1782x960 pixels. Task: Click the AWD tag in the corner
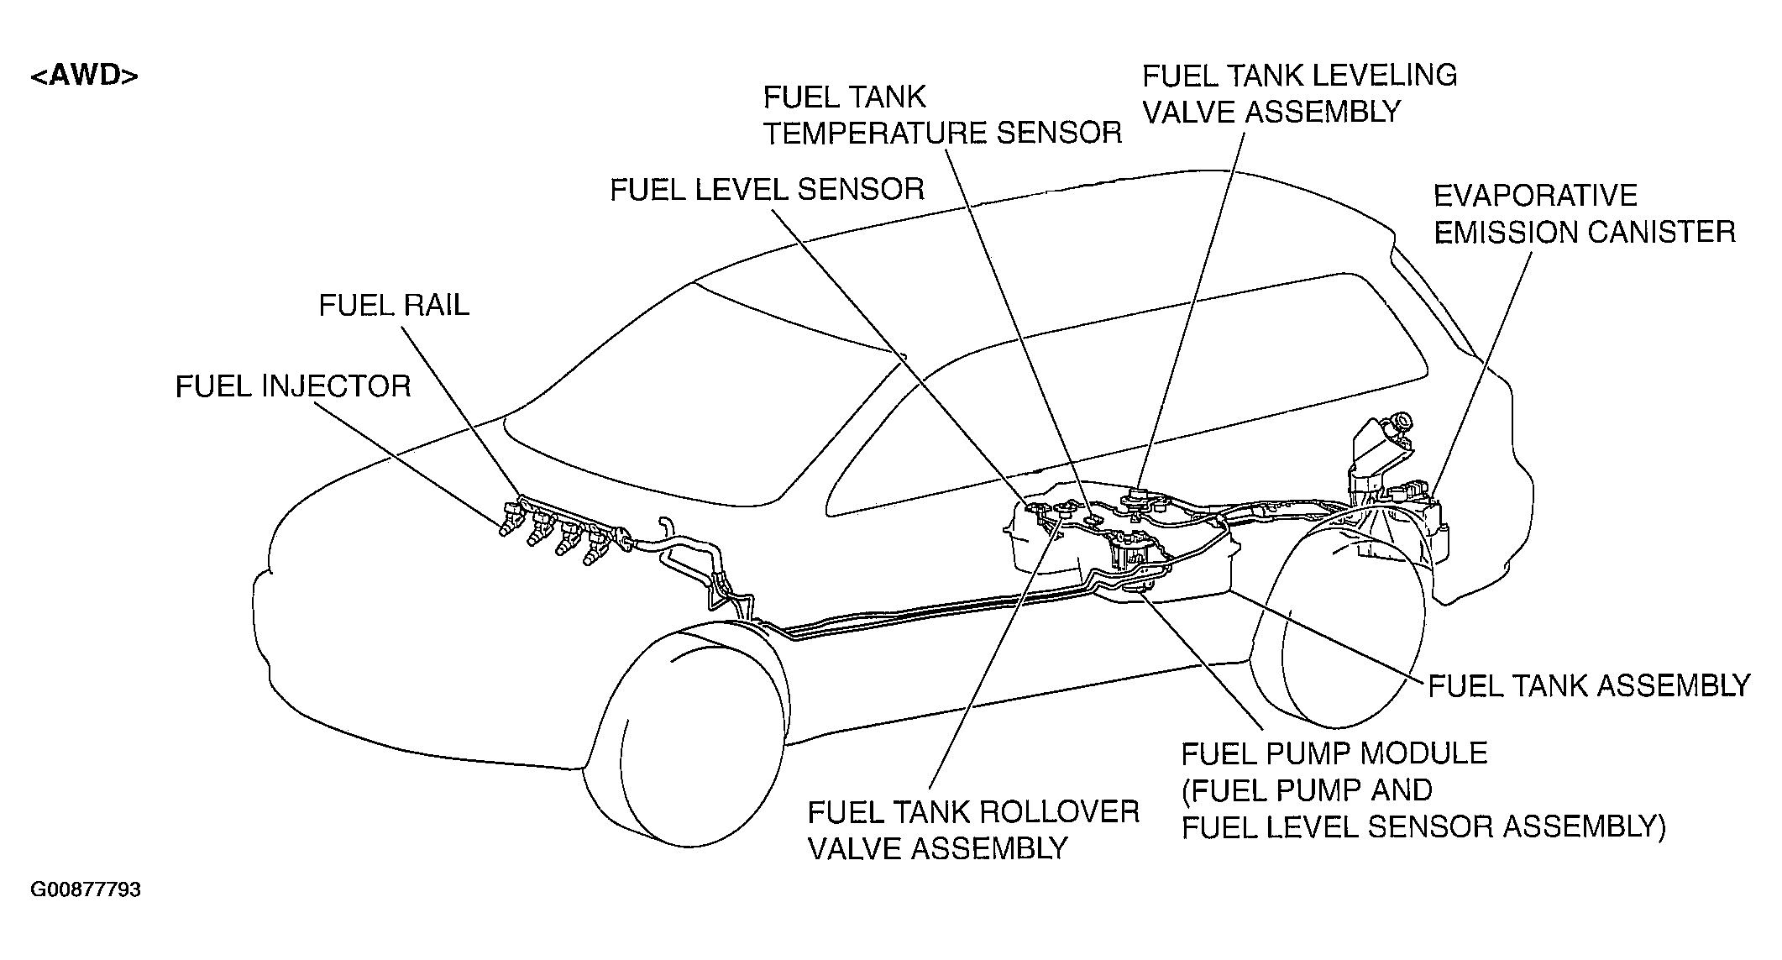pyautogui.click(x=84, y=76)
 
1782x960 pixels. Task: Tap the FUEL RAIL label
pyautogui.click(x=394, y=305)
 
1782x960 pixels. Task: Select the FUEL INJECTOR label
pyautogui.click(x=293, y=386)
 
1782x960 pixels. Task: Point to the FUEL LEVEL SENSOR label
pyautogui.click(x=767, y=189)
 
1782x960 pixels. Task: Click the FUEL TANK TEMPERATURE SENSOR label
pyautogui.click(x=942, y=115)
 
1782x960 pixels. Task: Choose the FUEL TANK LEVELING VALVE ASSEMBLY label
pyautogui.click(x=1299, y=92)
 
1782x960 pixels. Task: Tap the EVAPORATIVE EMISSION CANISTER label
pyautogui.click(x=1584, y=213)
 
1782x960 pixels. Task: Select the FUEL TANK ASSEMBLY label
pyautogui.click(x=1589, y=685)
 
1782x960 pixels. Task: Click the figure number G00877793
pyautogui.click(x=86, y=889)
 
